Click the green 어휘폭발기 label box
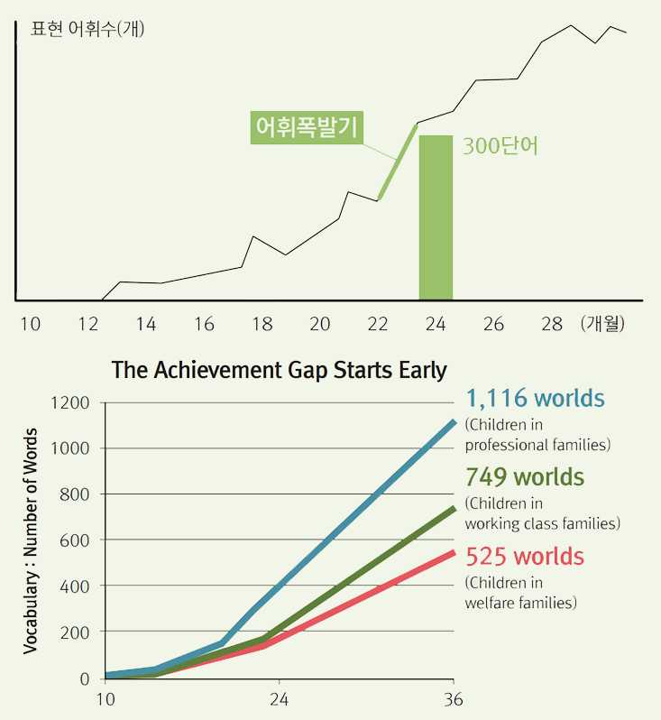pyautogui.click(x=308, y=127)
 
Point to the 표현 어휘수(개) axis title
pyautogui.click(x=87, y=28)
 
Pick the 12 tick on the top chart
pyautogui.click(x=87, y=324)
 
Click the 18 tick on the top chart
pyautogui.click(x=262, y=324)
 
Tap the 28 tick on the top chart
pyautogui.click(x=552, y=324)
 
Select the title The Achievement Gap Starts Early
pyautogui.click(x=279, y=370)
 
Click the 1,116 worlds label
pyautogui.click(x=535, y=398)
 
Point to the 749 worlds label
pyautogui.click(x=524, y=476)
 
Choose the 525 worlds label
pyautogui.click(x=524, y=556)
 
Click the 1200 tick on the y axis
pyautogui.click(x=71, y=402)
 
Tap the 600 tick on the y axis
pyautogui.click(x=76, y=540)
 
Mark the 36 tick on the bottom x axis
pyautogui.click(x=453, y=699)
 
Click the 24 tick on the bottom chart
pyautogui.click(x=278, y=699)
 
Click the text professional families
pyautogui.click(x=537, y=445)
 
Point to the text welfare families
pyautogui.click(x=520, y=603)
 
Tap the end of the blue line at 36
pyautogui.click(x=454, y=421)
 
